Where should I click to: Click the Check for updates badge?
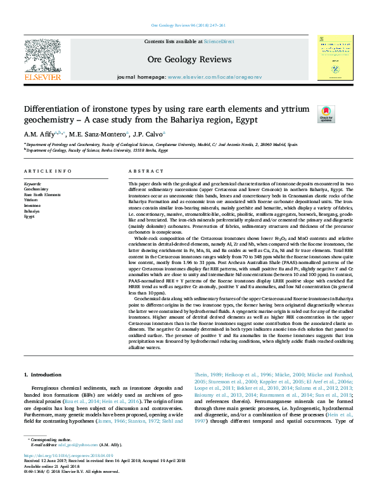[x=326, y=114]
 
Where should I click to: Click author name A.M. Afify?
[x=39, y=134]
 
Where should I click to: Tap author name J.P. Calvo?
[x=150, y=134]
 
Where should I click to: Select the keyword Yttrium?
[x=31, y=200]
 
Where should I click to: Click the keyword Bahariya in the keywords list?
[x=32, y=211]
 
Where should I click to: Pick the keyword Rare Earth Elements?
[x=42, y=194]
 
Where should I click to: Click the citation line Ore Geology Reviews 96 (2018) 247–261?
[x=188, y=26]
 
